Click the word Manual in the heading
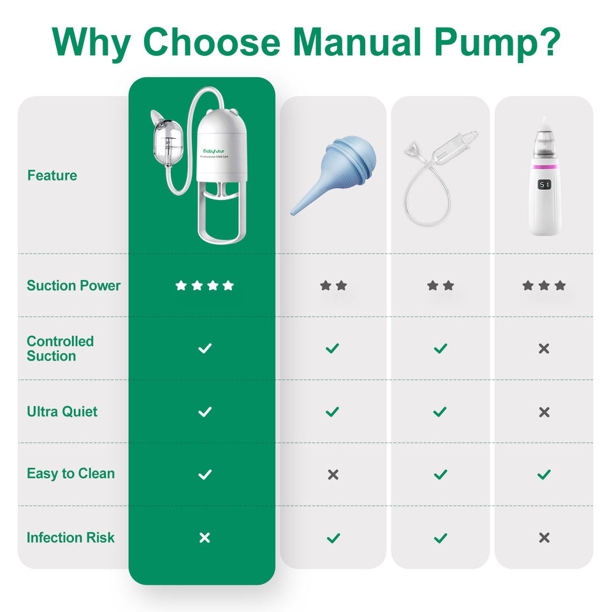[357, 42]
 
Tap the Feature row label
[52, 175]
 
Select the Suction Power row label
[73, 286]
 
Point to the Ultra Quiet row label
[62, 411]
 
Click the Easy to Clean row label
[71, 474]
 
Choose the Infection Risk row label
[70, 537]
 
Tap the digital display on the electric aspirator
[544, 184]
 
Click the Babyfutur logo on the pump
[214, 151]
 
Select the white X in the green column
[205, 537]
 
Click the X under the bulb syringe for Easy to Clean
[333, 474]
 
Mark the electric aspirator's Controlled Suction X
[544, 349]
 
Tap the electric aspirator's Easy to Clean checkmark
[544, 474]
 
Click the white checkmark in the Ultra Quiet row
[205, 411]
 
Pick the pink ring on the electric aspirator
[544, 166]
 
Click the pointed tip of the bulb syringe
[293, 213]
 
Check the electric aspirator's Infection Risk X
[544, 537]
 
